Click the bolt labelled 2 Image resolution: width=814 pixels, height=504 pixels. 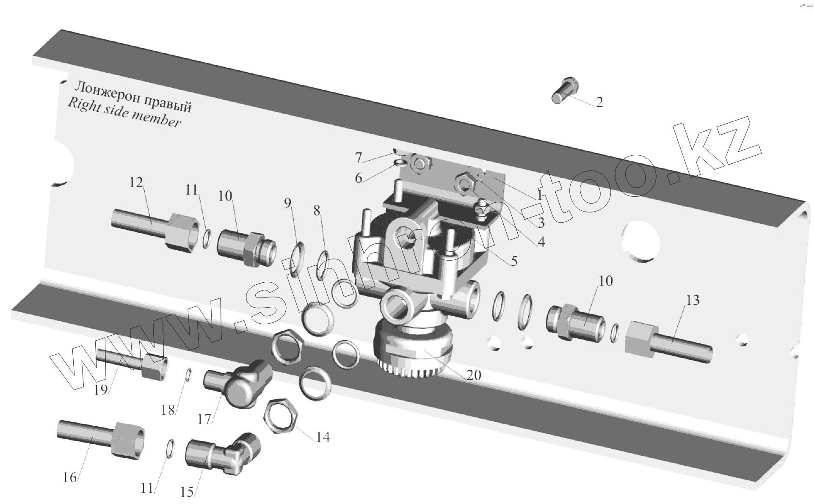point(563,89)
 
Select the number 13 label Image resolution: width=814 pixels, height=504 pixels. point(693,300)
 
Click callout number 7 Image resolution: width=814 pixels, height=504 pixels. point(359,158)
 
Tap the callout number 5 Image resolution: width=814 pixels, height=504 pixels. point(513,261)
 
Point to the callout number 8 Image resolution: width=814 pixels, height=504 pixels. point(317,210)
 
